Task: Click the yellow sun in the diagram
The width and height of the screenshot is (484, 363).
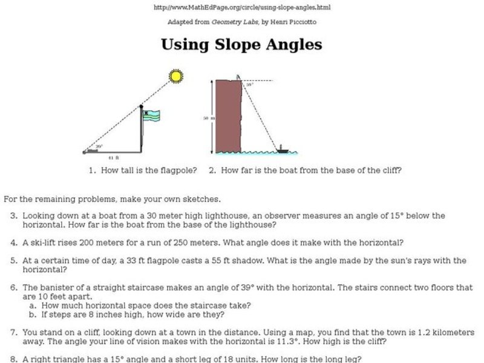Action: coord(175,76)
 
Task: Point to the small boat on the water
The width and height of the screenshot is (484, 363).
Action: coord(280,148)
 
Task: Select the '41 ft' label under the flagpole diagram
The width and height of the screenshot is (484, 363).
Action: coord(121,157)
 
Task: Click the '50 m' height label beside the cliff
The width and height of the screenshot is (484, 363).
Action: coord(207,119)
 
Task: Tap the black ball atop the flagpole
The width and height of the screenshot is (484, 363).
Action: coord(142,106)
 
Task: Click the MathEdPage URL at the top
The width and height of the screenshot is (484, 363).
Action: coord(242,7)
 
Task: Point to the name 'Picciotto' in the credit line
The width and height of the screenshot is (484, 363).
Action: coord(300,22)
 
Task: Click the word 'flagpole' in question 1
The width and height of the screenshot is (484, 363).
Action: coord(180,171)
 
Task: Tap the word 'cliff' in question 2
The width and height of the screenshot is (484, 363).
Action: coord(391,171)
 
